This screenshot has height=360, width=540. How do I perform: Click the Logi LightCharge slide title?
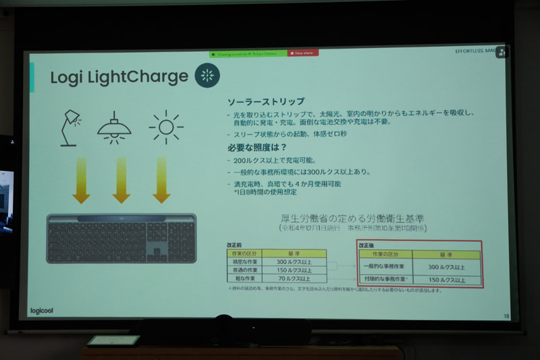(118, 77)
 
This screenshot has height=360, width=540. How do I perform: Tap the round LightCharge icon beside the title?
(207, 76)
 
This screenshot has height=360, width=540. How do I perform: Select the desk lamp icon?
(70, 126)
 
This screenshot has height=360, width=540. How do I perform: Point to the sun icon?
(161, 126)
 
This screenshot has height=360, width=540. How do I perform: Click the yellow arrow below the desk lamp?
(81, 180)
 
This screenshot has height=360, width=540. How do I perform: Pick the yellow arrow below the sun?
(161, 180)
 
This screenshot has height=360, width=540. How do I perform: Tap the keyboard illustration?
(122, 238)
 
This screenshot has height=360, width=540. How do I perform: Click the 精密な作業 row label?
(245, 261)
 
